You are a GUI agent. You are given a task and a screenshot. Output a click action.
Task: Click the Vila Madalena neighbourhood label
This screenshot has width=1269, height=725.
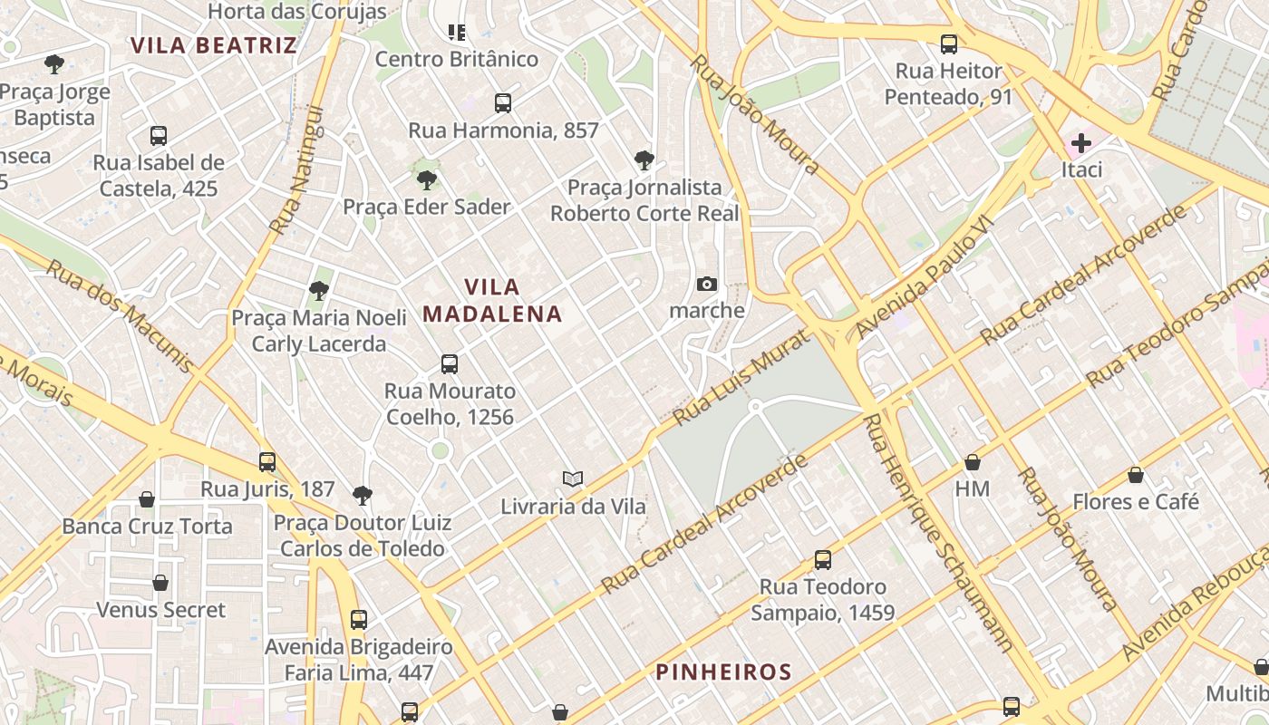pos(492,301)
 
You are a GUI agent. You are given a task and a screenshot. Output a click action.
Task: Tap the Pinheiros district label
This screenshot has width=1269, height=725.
pos(723,672)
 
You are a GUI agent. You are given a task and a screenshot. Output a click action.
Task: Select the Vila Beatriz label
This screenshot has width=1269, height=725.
pos(213,45)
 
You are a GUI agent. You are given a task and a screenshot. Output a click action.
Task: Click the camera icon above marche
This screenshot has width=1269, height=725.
pos(707,285)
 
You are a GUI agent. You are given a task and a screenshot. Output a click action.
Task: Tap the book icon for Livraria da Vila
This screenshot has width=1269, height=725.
pos(572,479)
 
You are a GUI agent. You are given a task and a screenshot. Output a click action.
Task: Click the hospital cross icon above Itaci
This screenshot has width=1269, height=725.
pos(1080,143)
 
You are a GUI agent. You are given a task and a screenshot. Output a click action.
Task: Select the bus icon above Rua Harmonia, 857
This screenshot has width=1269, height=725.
pos(503,103)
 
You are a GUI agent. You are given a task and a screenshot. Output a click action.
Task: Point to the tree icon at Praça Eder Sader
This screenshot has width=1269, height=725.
pos(426,179)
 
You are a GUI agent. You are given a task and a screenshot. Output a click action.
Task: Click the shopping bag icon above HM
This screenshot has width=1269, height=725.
pos(973,463)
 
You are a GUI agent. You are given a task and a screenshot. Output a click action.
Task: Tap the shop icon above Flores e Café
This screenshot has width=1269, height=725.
pos(1136,475)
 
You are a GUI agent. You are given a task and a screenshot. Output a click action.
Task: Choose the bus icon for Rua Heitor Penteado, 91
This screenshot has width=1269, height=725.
pos(949,43)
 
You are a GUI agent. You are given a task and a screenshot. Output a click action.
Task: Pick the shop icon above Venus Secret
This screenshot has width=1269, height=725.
pos(160,583)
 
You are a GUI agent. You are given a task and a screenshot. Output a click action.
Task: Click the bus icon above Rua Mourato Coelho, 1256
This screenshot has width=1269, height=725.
pos(450,364)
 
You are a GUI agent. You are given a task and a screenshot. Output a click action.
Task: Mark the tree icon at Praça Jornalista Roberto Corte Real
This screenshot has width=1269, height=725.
pos(644,160)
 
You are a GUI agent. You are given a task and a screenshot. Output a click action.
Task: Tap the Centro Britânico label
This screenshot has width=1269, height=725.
pos(457,60)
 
